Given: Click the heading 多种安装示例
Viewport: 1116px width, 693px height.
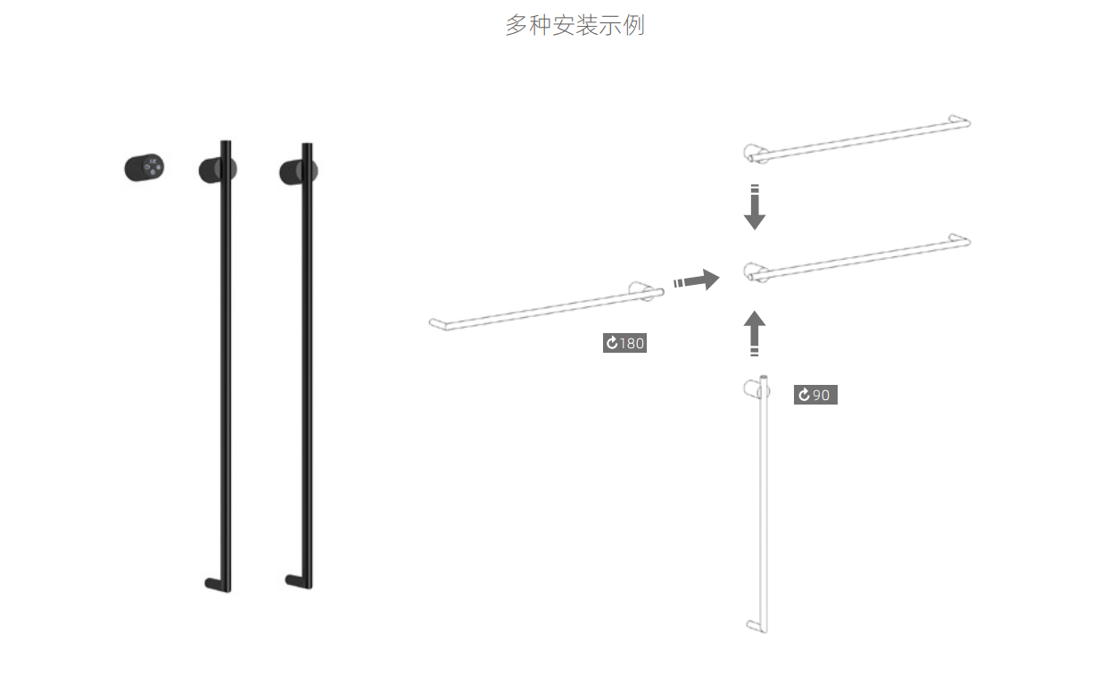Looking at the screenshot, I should click(x=575, y=25).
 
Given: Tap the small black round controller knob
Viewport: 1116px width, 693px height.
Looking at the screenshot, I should click(x=144, y=168).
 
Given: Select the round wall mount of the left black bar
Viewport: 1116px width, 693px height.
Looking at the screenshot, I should click(x=214, y=169).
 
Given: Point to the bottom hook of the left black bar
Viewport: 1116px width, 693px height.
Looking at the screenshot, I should click(x=214, y=584).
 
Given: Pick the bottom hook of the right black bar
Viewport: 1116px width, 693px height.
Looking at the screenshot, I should click(x=295, y=580).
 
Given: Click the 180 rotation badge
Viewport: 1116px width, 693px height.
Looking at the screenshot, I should click(x=624, y=343).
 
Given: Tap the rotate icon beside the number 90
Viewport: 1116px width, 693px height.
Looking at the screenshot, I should click(x=804, y=395).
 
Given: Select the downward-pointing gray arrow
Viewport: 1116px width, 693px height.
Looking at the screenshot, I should click(x=755, y=208).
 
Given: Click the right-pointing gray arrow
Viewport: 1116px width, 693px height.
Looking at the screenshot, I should click(x=698, y=280).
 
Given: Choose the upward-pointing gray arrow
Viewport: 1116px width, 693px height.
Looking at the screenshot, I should click(x=755, y=333).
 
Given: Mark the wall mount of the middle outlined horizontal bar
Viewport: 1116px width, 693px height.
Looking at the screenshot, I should click(x=753, y=271).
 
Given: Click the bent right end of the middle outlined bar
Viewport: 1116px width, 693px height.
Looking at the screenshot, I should click(x=962, y=240).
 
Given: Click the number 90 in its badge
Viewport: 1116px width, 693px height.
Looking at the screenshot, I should click(x=821, y=395).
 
